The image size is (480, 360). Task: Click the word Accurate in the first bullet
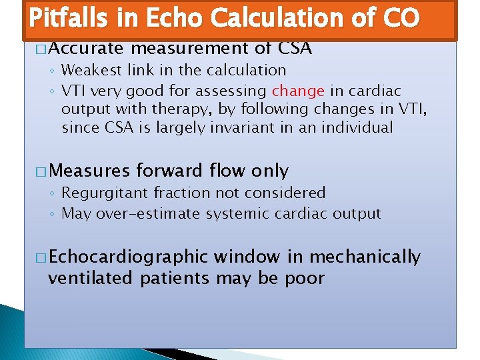(x=87, y=48)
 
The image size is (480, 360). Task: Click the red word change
(x=298, y=91)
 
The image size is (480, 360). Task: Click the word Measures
(x=89, y=171)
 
